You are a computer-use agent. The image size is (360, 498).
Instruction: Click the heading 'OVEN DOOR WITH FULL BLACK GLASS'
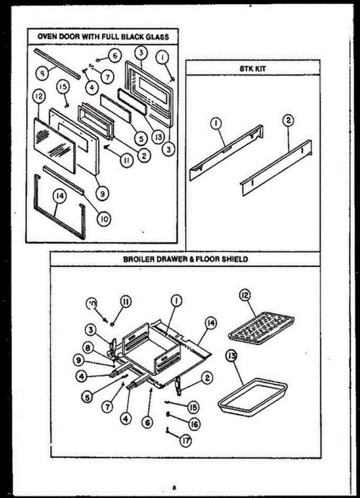coord(103,37)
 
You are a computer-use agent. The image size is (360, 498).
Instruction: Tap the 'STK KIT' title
coord(253,68)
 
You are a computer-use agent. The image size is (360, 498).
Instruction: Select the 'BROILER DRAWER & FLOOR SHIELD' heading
coord(185,259)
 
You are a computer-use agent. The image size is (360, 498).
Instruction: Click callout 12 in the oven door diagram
coord(38,97)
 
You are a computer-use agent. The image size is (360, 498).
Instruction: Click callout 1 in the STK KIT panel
coord(217,123)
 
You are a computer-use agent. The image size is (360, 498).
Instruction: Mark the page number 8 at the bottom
coord(175,487)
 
